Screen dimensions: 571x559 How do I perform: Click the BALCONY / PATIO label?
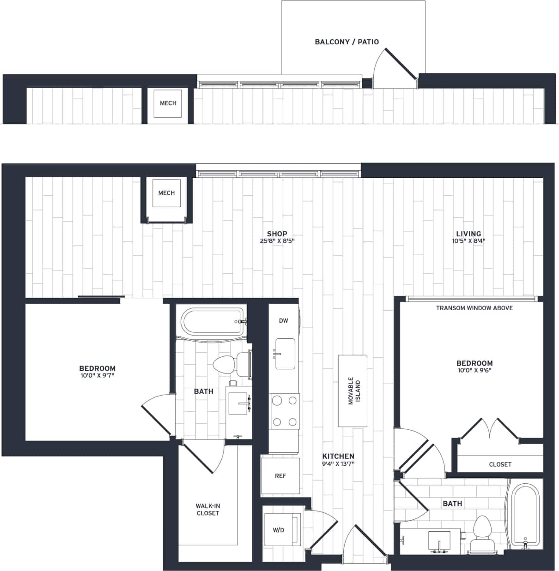click(346, 42)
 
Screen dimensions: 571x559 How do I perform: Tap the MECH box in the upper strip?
click(168, 103)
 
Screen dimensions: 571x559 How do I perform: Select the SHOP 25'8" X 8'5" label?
click(277, 237)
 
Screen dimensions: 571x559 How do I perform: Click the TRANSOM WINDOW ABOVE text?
click(474, 308)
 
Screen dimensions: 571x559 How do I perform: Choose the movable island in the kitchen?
click(352, 391)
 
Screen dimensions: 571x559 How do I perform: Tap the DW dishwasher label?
click(283, 320)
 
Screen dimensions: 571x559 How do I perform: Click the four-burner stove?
click(285, 411)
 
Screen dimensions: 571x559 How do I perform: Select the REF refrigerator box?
click(280, 476)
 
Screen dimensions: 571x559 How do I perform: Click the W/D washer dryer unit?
click(281, 530)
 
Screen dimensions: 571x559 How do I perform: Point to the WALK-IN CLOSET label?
click(207, 510)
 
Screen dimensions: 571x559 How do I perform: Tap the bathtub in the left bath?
click(212, 322)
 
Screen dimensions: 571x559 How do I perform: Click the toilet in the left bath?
click(230, 365)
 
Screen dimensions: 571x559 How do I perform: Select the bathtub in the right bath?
click(524, 516)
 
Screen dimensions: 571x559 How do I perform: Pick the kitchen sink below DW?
click(285, 354)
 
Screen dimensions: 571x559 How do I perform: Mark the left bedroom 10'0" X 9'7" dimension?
click(97, 376)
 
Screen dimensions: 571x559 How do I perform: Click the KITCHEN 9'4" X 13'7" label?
click(338, 460)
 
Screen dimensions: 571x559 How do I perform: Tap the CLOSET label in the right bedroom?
click(500, 464)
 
